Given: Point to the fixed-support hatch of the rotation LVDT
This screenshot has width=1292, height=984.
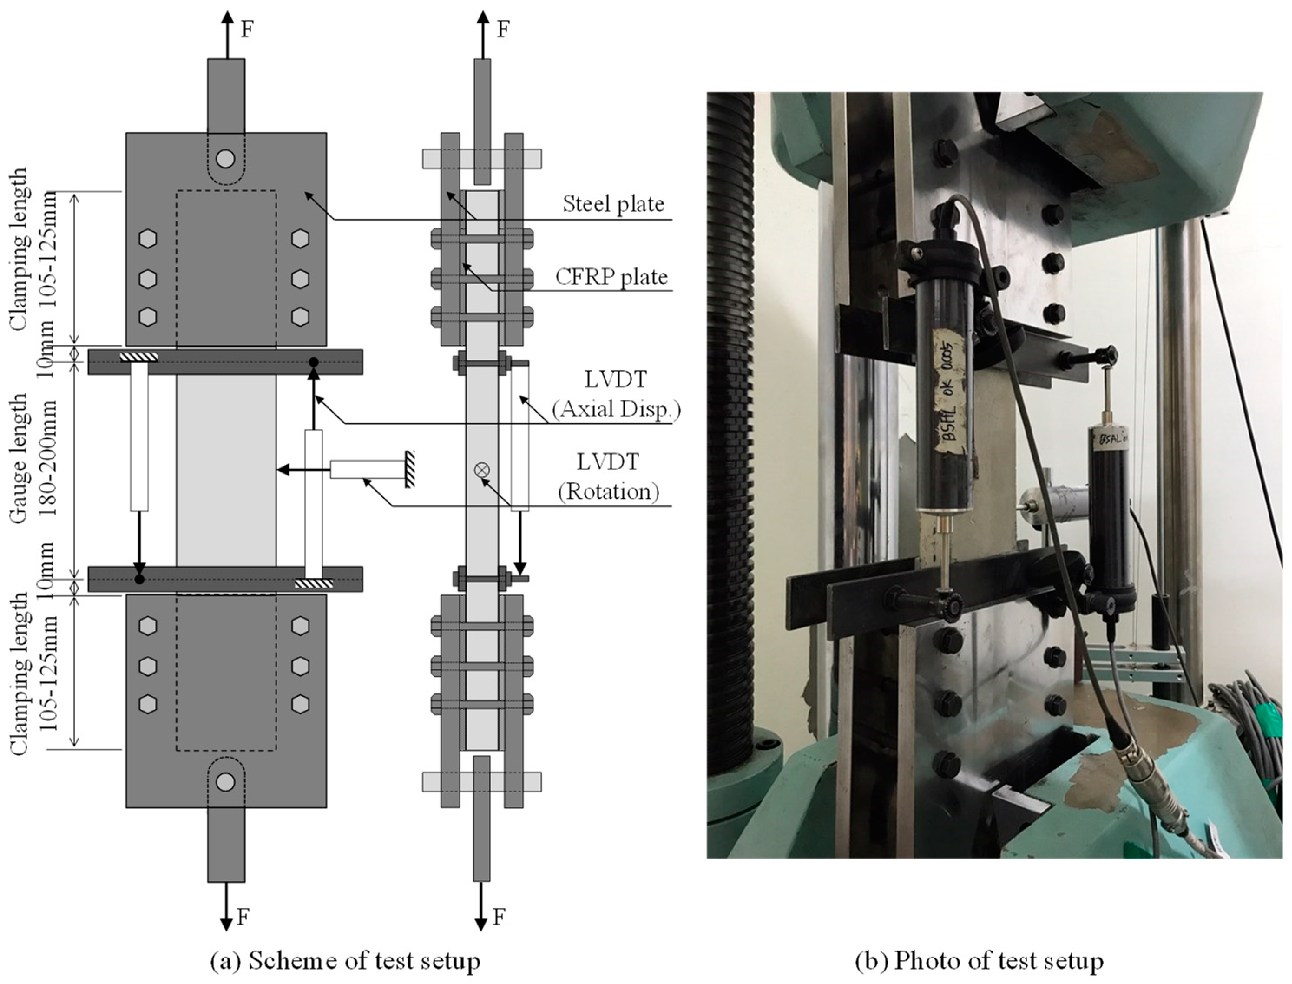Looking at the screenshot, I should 410,469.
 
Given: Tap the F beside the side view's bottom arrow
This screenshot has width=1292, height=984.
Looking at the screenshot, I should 498,917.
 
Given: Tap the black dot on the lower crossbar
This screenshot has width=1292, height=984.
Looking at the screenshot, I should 139,579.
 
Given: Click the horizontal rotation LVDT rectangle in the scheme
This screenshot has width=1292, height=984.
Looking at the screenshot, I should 366,469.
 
